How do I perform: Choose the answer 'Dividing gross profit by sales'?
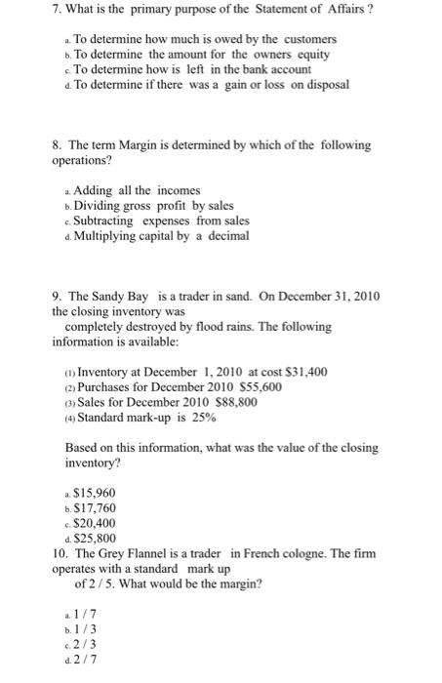click(153, 206)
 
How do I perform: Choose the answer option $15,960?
click(96, 492)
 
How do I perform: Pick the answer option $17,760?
click(96, 507)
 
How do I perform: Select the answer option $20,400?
click(96, 522)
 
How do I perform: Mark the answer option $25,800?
click(96, 538)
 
